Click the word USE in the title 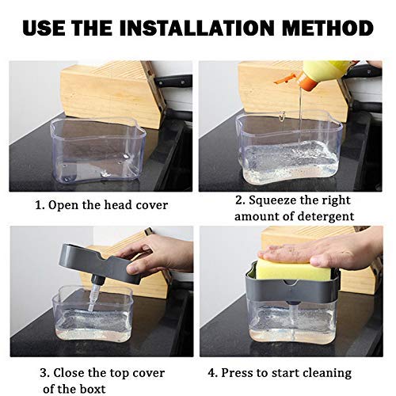tap(49, 29)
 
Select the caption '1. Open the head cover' tap(101, 205)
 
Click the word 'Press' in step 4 tap(246, 371)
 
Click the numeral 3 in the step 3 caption tap(44, 371)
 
